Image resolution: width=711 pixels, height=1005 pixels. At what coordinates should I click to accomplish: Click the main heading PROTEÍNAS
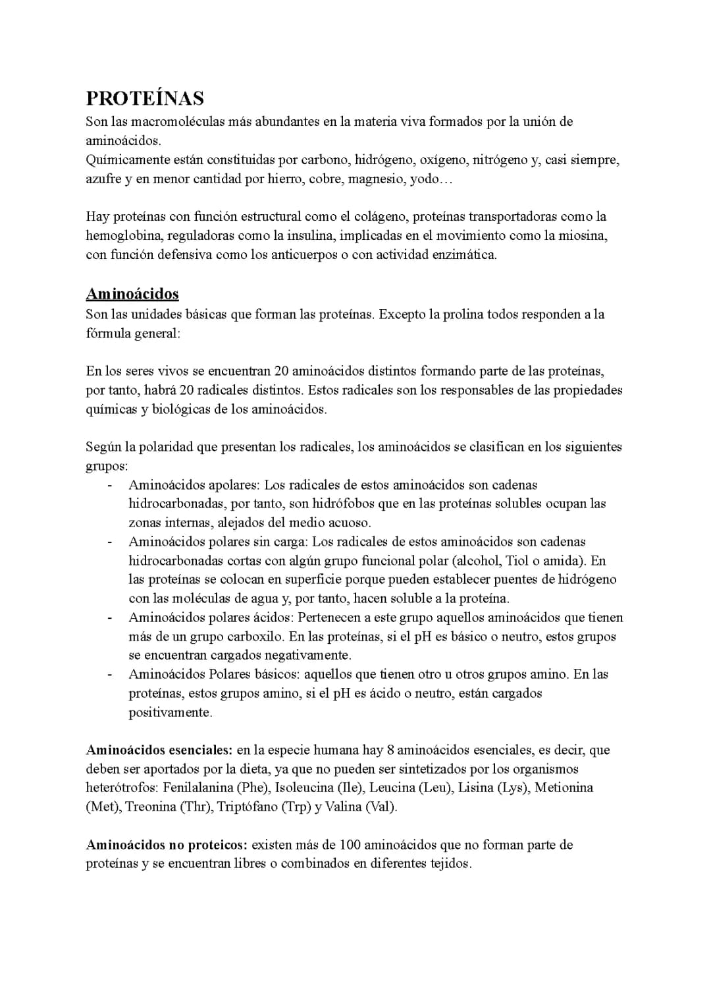pyautogui.click(x=145, y=98)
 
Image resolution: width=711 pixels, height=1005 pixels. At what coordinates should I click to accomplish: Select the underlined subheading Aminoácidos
pyautogui.click(x=132, y=294)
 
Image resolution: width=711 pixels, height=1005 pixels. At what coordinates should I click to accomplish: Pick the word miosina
pyautogui.click(x=582, y=236)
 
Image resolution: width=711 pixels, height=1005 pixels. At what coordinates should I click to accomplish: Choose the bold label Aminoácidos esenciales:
pyautogui.click(x=159, y=750)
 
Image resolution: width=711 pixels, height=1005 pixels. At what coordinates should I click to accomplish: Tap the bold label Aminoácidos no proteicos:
pyautogui.click(x=167, y=845)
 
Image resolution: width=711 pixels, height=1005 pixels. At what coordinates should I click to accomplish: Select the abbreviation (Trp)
pyautogui.click(x=295, y=807)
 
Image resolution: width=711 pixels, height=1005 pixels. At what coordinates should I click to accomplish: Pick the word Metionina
pyautogui.click(x=564, y=788)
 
